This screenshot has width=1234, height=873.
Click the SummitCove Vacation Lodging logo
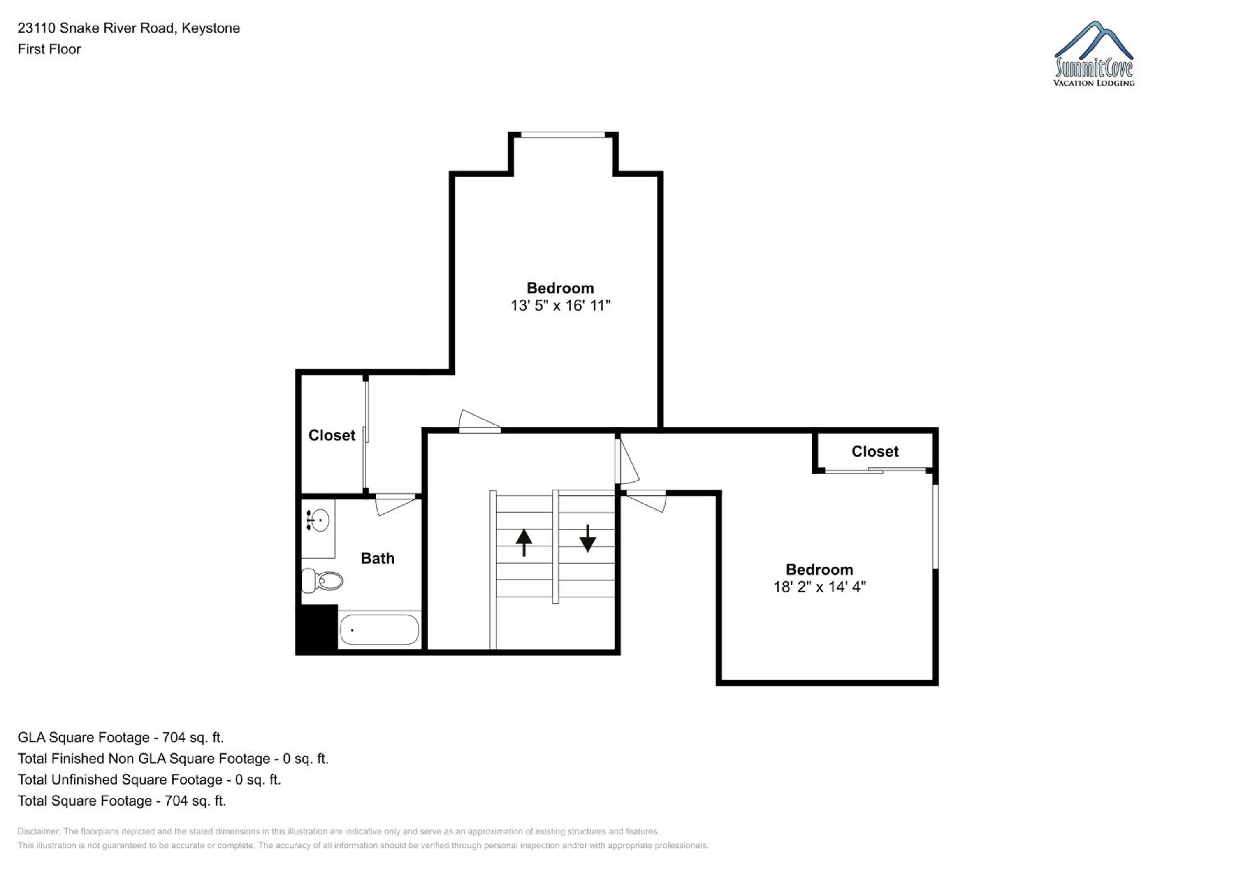1094,54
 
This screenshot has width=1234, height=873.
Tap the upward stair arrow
524,542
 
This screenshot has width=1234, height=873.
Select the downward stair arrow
587,538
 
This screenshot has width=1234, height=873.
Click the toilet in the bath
322,580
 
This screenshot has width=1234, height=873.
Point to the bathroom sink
318,520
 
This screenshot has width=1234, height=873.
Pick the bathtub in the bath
379,629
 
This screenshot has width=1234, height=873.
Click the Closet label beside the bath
332,435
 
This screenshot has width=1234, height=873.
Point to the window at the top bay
563,135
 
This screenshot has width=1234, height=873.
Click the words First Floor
49,49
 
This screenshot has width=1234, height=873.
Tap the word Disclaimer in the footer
38,831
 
